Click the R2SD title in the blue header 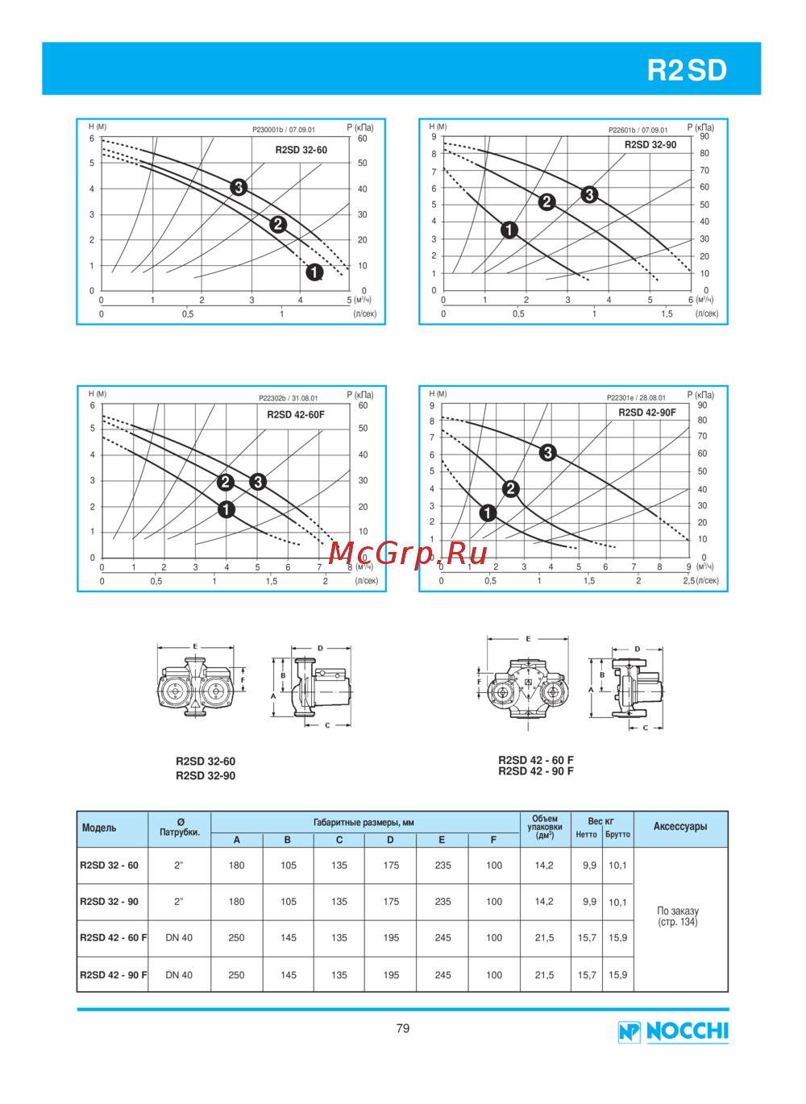click(687, 70)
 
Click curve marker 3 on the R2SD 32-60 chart click(239, 188)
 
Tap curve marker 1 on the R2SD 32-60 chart click(314, 272)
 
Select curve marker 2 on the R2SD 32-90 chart click(547, 201)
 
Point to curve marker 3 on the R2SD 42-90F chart click(548, 453)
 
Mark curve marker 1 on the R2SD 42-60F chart click(226, 509)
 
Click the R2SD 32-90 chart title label click(650, 145)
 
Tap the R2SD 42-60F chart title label click(296, 415)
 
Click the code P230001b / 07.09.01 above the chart click(284, 130)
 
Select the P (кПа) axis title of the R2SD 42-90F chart click(700, 395)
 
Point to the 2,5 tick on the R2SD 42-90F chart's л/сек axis click(689, 580)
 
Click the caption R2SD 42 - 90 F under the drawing click(536, 771)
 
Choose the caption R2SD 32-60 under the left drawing click(206, 761)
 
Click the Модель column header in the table click(99, 828)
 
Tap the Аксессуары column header click(680, 827)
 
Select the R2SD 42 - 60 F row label click(113, 938)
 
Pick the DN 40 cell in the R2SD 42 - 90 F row click(179, 975)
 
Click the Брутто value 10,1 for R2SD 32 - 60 click(617, 865)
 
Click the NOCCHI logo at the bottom click(674, 1031)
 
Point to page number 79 click(403, 1028)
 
